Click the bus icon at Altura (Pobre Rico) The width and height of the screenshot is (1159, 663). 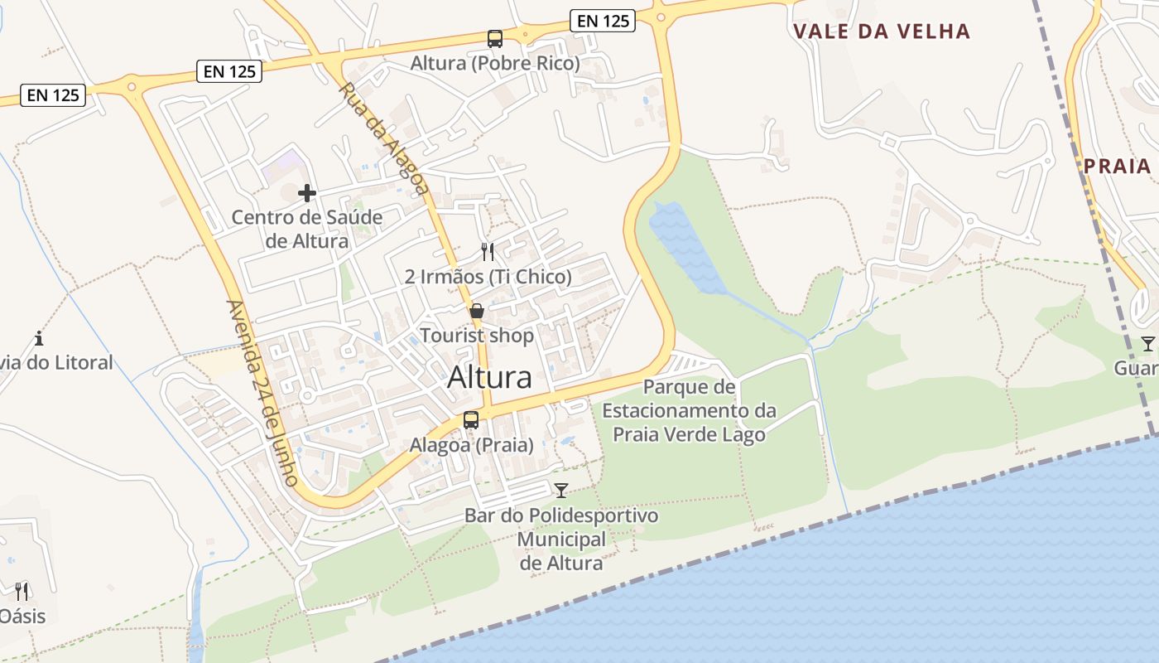[x=494, y=38]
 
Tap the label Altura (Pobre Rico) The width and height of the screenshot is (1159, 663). [x=495, y=63]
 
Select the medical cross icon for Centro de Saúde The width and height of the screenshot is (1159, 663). [x=307, y=193]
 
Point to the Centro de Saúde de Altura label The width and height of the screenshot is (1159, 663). [x=306, y=230]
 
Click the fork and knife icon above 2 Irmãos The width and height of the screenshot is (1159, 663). [x=488, y=251]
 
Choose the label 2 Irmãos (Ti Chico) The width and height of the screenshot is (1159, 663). [x=488, y=277]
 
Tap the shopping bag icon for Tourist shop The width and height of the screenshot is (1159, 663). [x=477, y=312]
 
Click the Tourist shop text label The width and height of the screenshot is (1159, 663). [x=477, y=336]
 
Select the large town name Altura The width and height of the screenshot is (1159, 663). [x=489, y=377]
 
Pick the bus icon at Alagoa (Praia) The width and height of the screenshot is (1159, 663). [x=471, y=419]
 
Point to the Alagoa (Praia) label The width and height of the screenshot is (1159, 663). [x=471, y=445]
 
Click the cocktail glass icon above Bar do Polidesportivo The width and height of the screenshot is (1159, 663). [x=561, y=490]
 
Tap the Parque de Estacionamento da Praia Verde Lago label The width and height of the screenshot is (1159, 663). [x=689, y=410]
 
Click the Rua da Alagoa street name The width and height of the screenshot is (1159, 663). [x=383, y=138]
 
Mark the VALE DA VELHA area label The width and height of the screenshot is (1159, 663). [x=881, y=31]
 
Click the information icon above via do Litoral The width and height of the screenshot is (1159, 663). [x=39, y=338]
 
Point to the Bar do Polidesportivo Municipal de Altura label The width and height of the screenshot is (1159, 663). [x=561, y=540]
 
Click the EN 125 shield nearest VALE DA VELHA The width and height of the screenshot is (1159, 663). [x=603, y=22]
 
